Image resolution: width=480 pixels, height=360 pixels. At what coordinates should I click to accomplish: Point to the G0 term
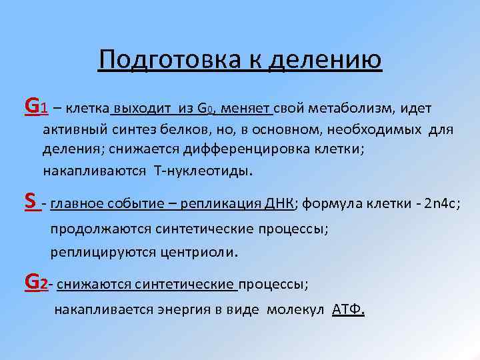tap(206, 108)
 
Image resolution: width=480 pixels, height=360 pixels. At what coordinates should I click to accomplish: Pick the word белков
tap(187, 129)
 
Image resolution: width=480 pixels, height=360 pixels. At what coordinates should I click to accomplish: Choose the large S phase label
tap(30, 201)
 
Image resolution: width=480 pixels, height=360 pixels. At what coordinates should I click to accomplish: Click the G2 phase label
tap(35, 283)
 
